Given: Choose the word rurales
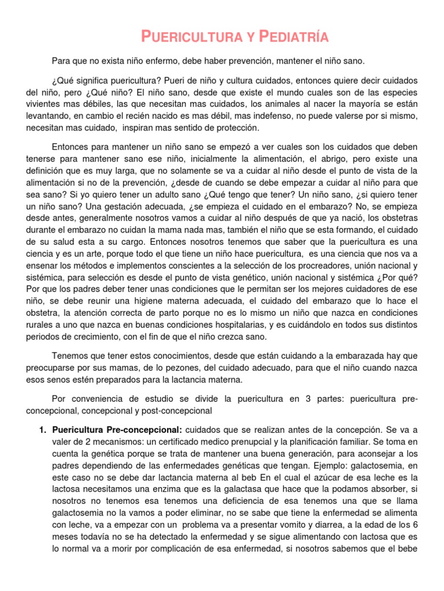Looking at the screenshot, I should point(39,325).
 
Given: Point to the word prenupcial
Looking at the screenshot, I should point(260,442).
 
